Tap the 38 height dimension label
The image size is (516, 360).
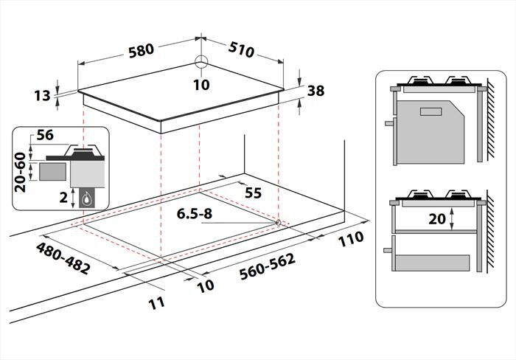pos(315,91)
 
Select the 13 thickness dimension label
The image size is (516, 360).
pos(42,95)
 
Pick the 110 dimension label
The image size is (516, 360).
pos(352,238)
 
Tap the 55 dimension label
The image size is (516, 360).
pos(253,193)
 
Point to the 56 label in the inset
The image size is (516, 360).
pos(46,135)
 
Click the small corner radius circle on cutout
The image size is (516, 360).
pos(277,222)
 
